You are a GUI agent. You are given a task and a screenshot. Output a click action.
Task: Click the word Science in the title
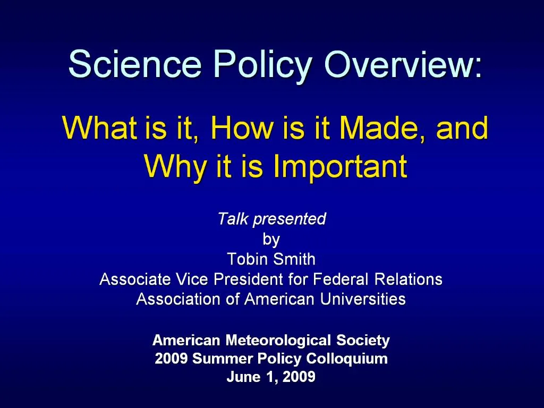pos(135,65)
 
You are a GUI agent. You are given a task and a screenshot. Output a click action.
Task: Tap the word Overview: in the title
pos(403,65)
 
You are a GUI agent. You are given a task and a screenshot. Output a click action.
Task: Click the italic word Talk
pos(233,219)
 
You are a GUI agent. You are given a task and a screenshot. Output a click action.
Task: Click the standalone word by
pos(271,240)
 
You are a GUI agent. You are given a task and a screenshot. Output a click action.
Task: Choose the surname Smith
pos(295,259)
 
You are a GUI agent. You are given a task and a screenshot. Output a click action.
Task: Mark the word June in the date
pos(243,378)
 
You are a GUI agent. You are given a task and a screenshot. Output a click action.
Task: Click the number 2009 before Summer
pos(171,359)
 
